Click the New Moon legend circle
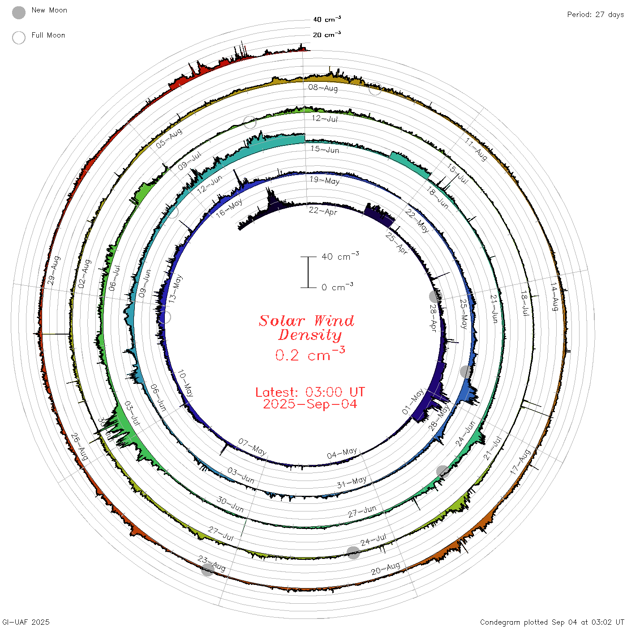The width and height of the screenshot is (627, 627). pyautogui.click(x=18, y=13)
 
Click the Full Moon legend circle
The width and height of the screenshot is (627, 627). pyautogui.click(x=18, y=38)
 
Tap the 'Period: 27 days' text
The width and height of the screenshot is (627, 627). pyautogui.click(x=595, y=15)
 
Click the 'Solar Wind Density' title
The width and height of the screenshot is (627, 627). pyautogui.click(x=306, y=328)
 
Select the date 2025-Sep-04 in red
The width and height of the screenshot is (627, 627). pyautogui.click(x=310, y=404)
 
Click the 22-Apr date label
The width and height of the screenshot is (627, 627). pyautogui.click(x=323, y=211)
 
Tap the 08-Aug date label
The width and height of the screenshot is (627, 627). pyautogui.click(x=323, y=88)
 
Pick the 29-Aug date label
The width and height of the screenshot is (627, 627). pyautogui.click(x=54, y=271)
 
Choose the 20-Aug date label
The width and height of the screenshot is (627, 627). pyautogui.click(x=385, y=568)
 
